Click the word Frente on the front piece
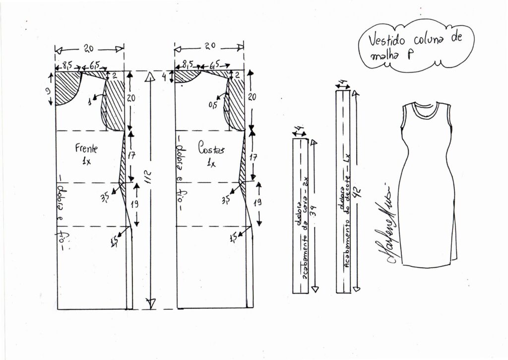click(86, 148)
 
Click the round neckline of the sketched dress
click(425, 109)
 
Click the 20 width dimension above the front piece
click(89, 49)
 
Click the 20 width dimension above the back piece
click(209, 46)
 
